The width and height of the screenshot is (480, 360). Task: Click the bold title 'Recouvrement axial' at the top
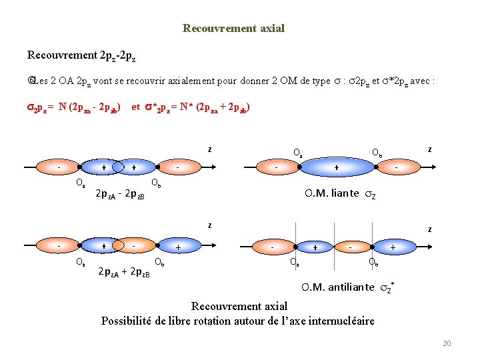coord(233,29)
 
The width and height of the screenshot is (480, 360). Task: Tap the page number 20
coord(447,343)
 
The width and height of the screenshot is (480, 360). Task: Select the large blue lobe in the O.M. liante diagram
coord(336,167)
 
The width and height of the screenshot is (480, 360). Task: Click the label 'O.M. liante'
coord(331,194)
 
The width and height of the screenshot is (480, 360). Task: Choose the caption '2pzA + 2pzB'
coord(124,273)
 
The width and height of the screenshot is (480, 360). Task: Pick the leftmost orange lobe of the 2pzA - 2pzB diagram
coord(59,167)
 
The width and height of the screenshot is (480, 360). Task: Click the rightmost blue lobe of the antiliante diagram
coord(393,247)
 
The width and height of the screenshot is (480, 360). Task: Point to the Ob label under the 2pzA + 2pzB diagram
coord(159,261)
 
